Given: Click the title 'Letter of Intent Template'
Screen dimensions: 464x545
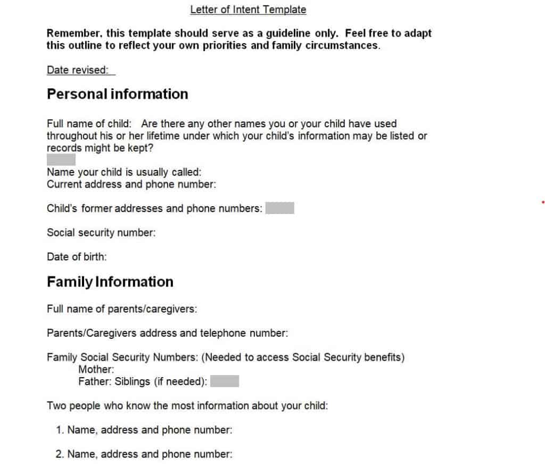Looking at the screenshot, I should point(248,10).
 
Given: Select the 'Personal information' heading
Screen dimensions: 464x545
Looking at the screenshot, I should point(118,94).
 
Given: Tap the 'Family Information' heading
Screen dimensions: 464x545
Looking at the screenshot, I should point(110,282).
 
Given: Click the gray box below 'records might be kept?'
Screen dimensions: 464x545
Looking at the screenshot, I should point(61,159).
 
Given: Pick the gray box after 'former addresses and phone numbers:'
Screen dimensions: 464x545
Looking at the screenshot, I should point(279,208).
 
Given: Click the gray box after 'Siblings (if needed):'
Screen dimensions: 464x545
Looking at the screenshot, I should point(224,381).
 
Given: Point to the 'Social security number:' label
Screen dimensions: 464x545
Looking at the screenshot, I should point(101,233).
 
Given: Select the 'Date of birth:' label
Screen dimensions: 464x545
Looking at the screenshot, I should point(77,257).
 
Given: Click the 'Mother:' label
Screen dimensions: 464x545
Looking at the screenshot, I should point(96,369).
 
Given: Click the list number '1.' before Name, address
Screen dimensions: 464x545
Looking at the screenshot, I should point(60,430).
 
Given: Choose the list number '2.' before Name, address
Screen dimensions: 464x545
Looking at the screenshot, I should point(60,454).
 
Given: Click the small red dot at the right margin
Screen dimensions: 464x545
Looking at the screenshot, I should point(542,202).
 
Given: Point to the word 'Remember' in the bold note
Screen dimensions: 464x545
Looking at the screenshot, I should point(72,33).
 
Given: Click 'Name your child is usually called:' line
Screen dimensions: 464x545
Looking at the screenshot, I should point(124,173).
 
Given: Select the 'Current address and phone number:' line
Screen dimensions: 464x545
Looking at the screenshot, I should point(131,184).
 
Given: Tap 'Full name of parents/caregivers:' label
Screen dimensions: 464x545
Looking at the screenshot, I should point(122,309).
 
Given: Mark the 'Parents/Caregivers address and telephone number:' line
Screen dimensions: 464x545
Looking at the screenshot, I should point(167,333).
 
